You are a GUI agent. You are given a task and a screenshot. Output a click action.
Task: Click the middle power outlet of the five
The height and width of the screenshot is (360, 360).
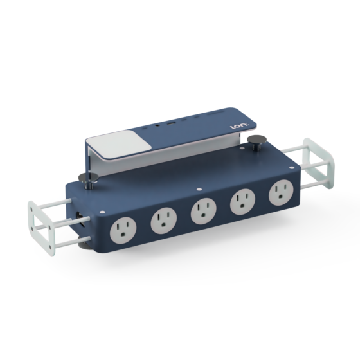(x=203, y=211)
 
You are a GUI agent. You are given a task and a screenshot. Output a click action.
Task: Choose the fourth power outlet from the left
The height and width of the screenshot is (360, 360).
(x=242, y=201)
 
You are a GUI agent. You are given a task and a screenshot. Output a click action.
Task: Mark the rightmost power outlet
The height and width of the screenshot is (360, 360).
(x=280, y=192)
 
